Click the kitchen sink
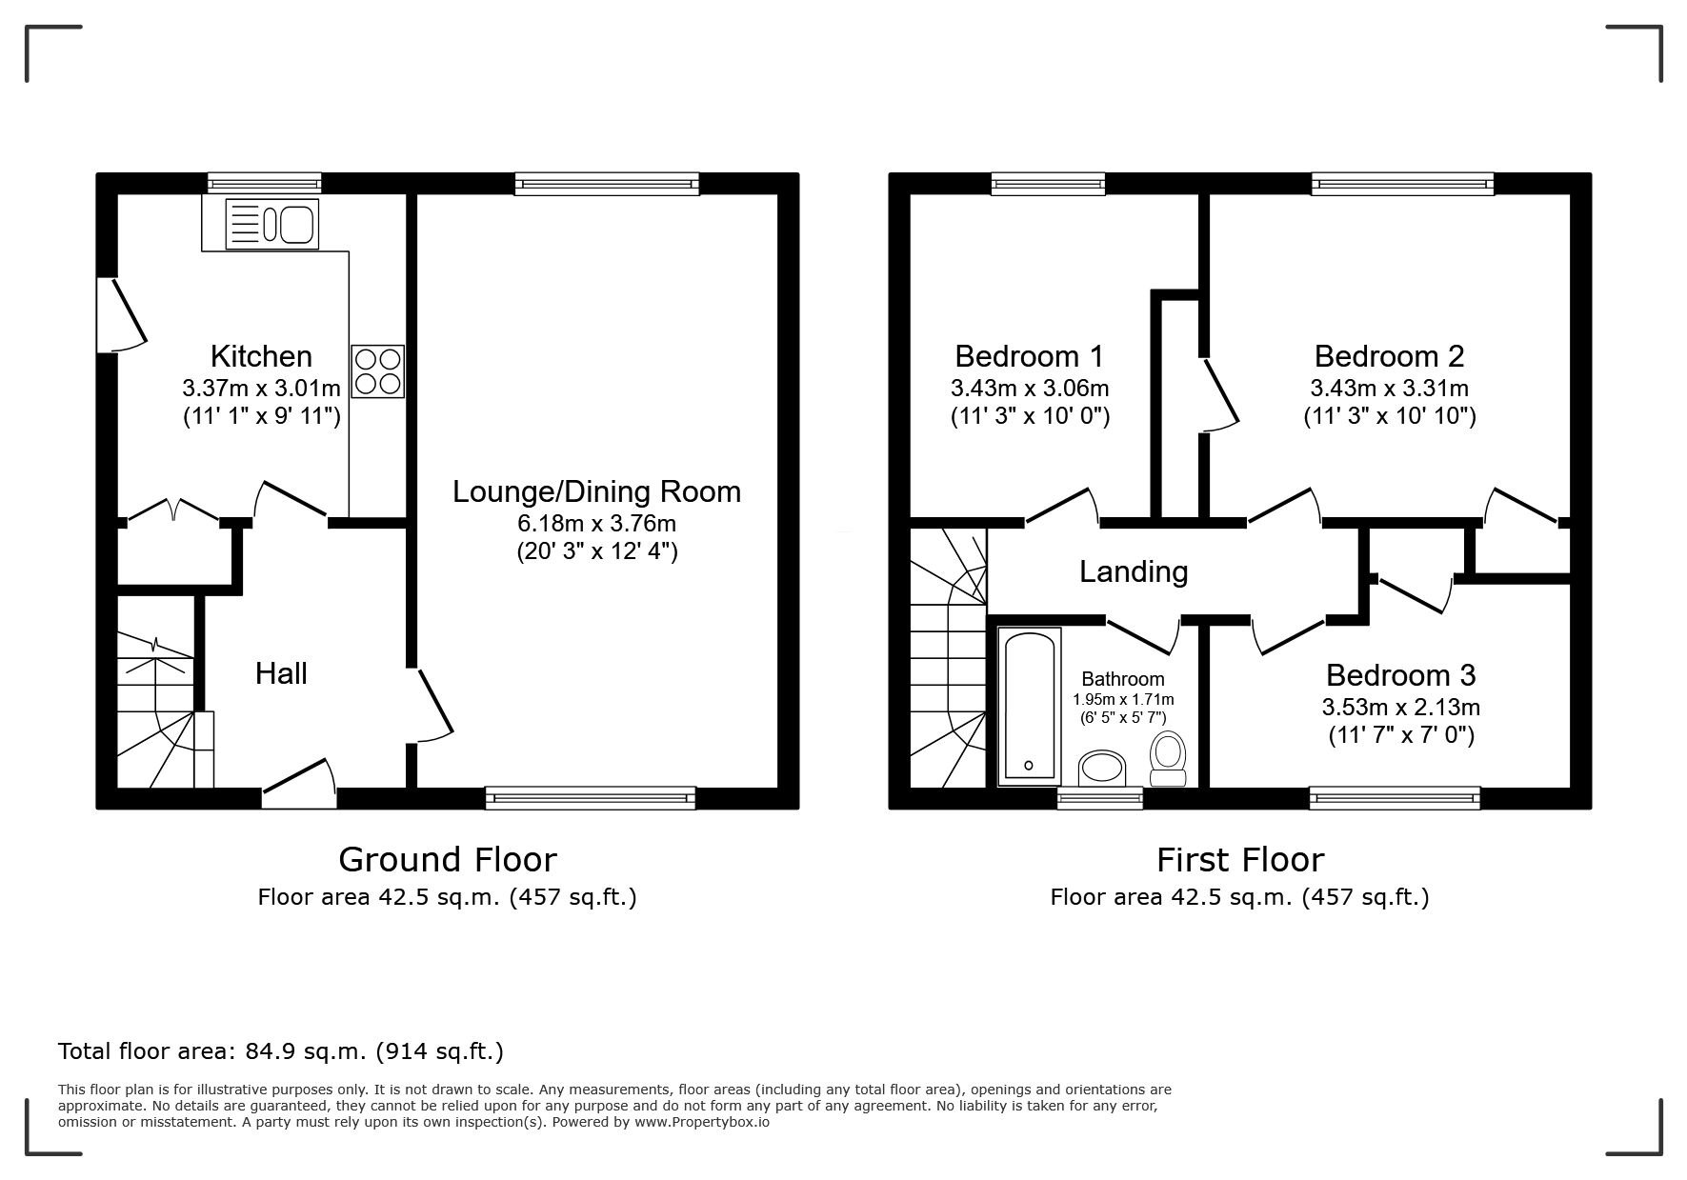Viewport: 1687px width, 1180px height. click(272, 224)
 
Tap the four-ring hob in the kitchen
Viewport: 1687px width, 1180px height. click(378, 371)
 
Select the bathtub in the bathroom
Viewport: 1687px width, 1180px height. click(1030, 706)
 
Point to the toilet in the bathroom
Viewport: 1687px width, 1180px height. click(1167, 759)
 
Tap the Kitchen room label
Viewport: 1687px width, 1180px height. click(261, 356)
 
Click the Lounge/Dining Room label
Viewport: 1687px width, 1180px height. click(596, 491)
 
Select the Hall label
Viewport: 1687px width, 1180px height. click(281, 674)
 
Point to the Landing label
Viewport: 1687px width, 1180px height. click(1134, 571)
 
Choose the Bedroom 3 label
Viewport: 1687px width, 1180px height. click(1400, 675)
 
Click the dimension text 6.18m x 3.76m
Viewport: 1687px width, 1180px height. click(596, 523)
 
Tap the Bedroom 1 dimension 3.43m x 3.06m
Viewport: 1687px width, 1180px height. click(1030, 389)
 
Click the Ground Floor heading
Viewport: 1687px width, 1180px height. click(448, 860)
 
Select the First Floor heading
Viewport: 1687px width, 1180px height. click(1240, 860)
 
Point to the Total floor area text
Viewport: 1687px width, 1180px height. click(281, 1051)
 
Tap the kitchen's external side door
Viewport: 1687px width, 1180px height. click(122, 314)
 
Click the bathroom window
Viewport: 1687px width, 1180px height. click(1100, 798)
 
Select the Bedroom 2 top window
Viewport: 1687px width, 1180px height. click(1403, 184)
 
